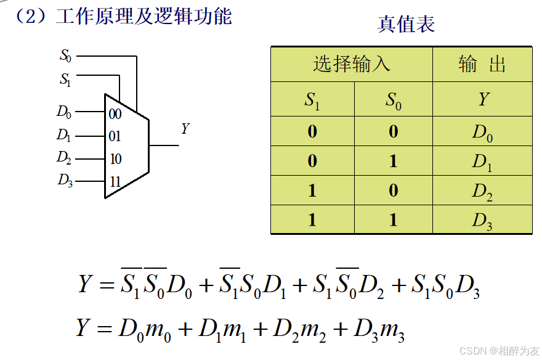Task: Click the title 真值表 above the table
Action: pos(406,24)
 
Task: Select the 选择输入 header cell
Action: pos(351,64)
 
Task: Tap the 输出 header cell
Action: pos(482,64)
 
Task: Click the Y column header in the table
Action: pos(482,99)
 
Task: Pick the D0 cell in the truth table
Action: pos(482,132)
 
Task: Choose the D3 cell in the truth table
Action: pos(482,221)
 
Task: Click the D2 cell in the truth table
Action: pos(482,191)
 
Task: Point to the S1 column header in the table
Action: pos(312,100)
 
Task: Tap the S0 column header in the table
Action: pos(394,100)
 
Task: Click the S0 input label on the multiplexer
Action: pos(65,56)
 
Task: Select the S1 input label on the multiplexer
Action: pos(65,79)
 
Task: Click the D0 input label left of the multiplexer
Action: pos(64,112)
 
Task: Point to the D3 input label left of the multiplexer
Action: pos(65,181)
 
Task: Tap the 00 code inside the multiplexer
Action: pos(115,114)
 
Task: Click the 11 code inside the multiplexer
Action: pos(115,182)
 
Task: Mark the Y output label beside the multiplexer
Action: pos(185,129)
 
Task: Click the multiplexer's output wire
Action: pos(164,145)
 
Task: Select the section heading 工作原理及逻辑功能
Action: pos(144,17)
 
